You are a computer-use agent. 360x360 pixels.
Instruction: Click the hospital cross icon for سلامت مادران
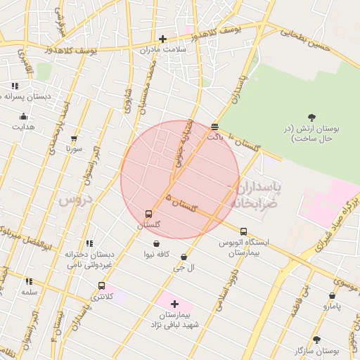click(163, 39)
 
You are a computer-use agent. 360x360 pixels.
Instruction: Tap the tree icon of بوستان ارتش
click(311, 117)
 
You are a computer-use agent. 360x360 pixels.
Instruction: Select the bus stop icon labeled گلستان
click(148, 214)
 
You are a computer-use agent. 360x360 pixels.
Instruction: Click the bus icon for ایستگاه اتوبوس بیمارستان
click(243, 231)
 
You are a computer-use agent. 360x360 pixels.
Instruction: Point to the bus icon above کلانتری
click(102, 285)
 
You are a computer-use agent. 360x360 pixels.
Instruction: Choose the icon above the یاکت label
click(214, 127)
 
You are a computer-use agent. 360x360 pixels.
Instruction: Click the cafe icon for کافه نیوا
click(155, 243)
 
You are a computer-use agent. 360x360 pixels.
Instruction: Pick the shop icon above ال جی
click(184, 257)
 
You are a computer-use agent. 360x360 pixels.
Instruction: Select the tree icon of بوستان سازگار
click(317, 339)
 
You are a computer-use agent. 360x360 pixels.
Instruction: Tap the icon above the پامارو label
click(331, 296)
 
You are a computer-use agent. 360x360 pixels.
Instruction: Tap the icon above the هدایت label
click(24, 117)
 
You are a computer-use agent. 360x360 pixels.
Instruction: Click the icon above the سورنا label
click(74, 139)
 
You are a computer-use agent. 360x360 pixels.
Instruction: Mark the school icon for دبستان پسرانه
click(15, 86)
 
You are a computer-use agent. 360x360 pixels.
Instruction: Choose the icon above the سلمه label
click(29, 281)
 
